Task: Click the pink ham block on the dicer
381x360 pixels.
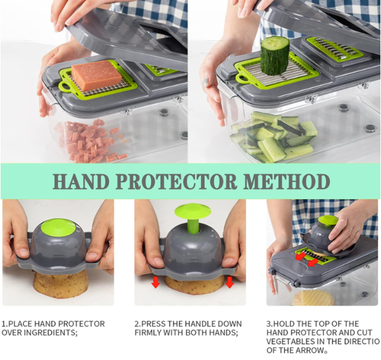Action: [96, 75]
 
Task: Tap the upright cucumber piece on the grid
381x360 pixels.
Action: [275, 56]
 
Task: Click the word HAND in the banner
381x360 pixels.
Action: [81, 181]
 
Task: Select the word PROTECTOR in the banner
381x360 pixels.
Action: [176, 181]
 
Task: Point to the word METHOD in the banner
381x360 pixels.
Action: [287, 181]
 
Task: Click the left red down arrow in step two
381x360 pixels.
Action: [156, 283]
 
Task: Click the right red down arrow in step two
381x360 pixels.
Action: [229, 283]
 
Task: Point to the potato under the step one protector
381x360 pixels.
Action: [60, 285]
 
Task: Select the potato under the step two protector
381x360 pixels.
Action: [194, 285]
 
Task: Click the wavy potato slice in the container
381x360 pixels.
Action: [312, 298]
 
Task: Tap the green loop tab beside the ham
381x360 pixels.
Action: [65, 87]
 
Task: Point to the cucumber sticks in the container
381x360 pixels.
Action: [273, 137]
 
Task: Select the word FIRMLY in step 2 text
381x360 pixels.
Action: [148, 332]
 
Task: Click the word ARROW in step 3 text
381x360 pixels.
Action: [313, 350]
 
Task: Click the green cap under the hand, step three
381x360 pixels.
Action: [328, 220]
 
